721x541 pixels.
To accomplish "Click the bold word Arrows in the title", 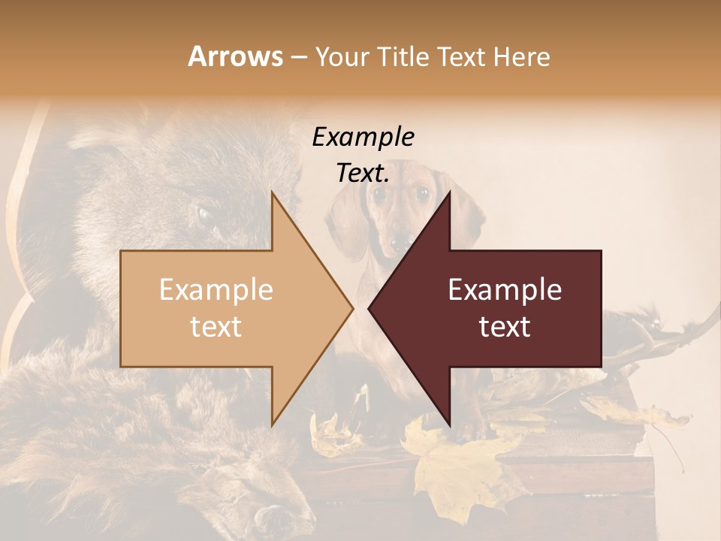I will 235,56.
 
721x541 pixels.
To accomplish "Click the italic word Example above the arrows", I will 363,137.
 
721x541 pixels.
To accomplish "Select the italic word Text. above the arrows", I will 363,173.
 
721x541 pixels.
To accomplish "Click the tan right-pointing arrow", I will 225,308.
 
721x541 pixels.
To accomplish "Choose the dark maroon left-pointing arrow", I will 511,308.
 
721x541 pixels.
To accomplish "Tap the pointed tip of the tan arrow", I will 351,308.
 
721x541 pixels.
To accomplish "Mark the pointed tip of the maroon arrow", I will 370,308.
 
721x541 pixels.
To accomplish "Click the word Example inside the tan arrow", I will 216,289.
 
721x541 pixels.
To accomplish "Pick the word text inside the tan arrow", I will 216,327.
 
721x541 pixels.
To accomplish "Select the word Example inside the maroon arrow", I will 505,289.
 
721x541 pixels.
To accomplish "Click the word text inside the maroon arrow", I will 505,327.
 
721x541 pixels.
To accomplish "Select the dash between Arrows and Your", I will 298,57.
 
